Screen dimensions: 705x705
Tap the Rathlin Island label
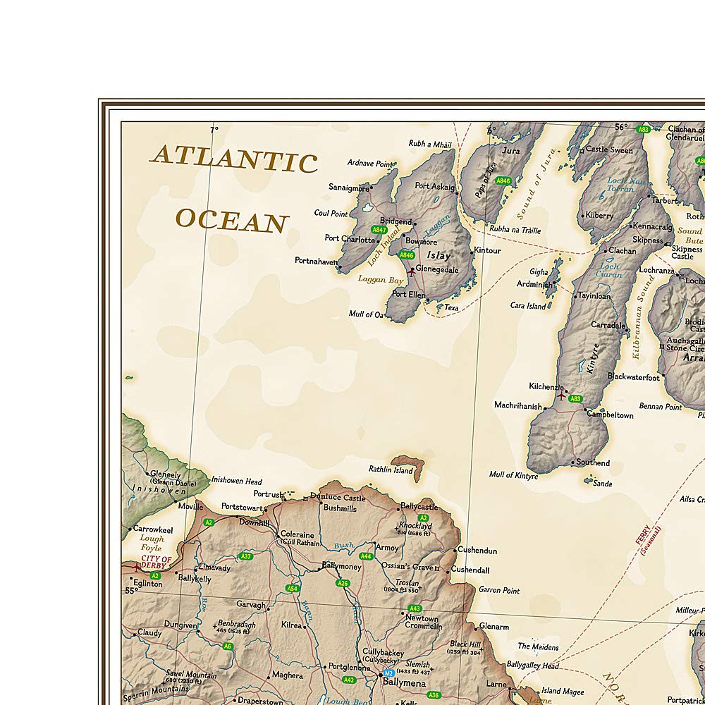pos(391,469)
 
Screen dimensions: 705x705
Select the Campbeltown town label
pos(610,415)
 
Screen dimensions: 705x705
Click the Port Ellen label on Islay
pos(409,294)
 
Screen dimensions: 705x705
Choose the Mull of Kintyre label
pos(513,475)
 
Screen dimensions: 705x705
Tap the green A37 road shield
pos(245,556)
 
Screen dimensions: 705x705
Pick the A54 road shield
pos(293,588)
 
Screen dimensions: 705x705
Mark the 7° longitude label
pos(214,130)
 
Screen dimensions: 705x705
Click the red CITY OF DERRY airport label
pos(156,563)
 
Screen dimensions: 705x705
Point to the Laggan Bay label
pos(381,280)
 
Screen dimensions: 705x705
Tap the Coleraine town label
pos(297,534)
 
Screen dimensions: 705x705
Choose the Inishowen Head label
pos(236,481)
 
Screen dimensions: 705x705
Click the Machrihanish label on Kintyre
pos(518,406)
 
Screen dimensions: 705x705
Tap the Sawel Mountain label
pos(191,675)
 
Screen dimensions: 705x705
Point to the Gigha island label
pos(539,271)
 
